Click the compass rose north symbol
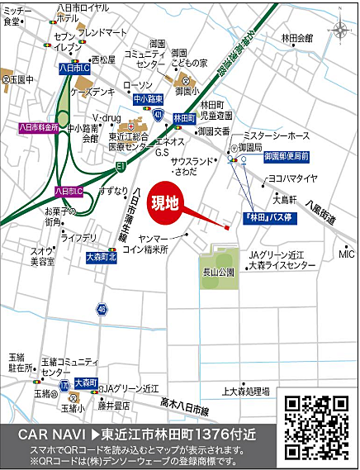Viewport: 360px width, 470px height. click(340, 31)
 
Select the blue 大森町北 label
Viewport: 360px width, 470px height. click(102, 257)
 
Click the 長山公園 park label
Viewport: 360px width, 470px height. click(219, 272)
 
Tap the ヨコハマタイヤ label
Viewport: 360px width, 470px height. click(291, 178)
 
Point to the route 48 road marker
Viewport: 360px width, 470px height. click(101, 308)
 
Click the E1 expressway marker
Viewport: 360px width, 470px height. click(121, 166)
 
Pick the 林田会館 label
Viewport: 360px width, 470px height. click(297, 37)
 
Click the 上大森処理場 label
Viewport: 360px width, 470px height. click(246, 391)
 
